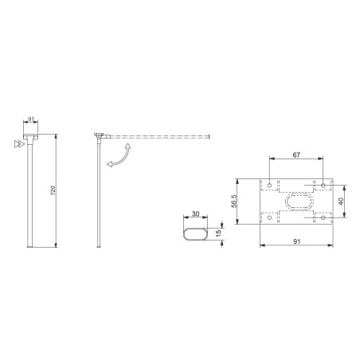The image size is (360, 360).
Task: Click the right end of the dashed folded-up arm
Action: click(209, 137)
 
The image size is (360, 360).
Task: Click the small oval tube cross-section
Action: click(197, 233)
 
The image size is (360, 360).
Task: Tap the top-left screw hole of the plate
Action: click(271, 186)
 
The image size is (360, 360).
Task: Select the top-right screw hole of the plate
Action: click(323, 186)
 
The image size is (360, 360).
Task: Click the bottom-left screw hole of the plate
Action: click(271, 217)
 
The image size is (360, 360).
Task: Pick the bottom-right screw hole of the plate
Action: click(323, 217)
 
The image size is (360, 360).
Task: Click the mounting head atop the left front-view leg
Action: click(32, 138)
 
